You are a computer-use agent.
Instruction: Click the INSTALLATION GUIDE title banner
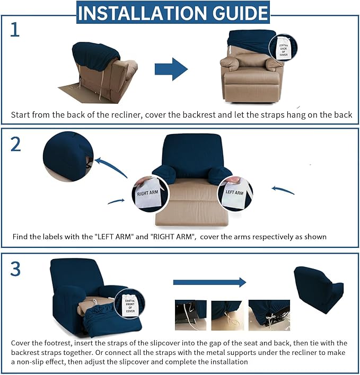[x=173, y=13]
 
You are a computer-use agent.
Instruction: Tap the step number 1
[x=15, y=30]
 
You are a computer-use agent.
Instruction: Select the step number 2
[x=15, y=143]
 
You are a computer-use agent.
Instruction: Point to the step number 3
[x=15, y=269]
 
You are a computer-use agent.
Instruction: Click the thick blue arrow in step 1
[x=171, y=69]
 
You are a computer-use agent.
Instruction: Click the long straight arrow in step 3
[x=210, y=282]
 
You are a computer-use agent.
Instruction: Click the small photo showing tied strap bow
[x=269, y=312]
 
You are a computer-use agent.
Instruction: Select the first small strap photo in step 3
[x=190, y=312]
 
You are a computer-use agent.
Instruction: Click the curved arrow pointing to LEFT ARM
[x=283, y=190]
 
